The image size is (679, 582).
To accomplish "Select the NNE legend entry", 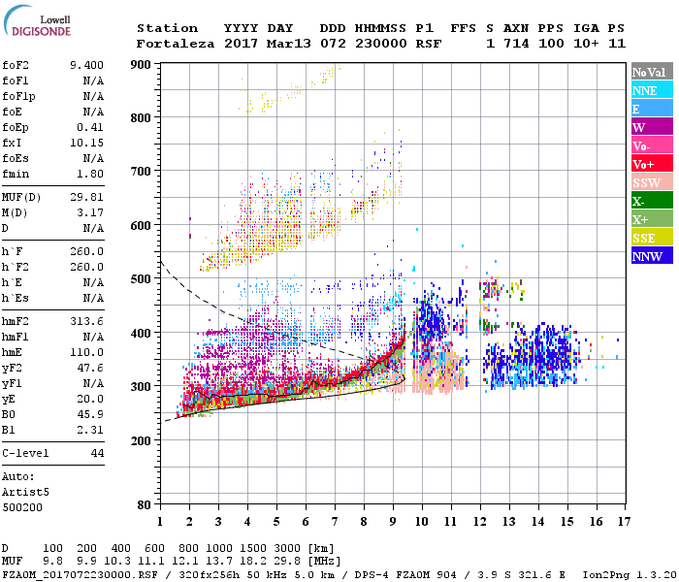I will point(644,90).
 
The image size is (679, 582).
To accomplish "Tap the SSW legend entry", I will point(646,182).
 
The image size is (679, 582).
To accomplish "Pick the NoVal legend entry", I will point(649,72).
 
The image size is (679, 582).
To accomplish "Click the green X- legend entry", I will point(638,201).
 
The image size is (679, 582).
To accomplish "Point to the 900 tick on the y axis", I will point(141,64).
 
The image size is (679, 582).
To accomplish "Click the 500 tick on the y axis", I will point(141,279).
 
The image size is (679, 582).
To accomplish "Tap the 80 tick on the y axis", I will point(144,504).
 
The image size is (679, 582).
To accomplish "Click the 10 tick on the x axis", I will point(421,522).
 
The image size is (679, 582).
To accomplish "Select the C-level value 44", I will point(96,453).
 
